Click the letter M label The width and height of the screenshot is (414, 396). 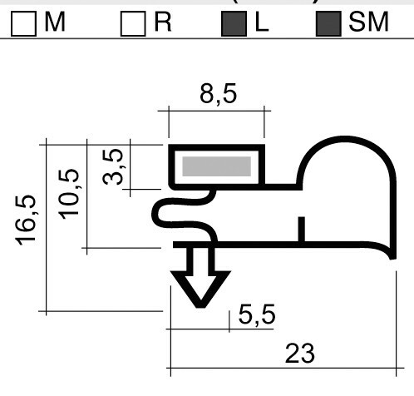pos(55,23)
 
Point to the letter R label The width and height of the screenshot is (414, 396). pos(163,23)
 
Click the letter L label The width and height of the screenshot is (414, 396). pos(262,23)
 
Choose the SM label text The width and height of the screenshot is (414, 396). pos(368,23)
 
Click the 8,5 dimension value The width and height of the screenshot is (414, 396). pos(217,94)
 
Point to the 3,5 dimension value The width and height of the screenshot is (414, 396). pos(118,166)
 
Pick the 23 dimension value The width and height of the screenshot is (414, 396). pos(299,354)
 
